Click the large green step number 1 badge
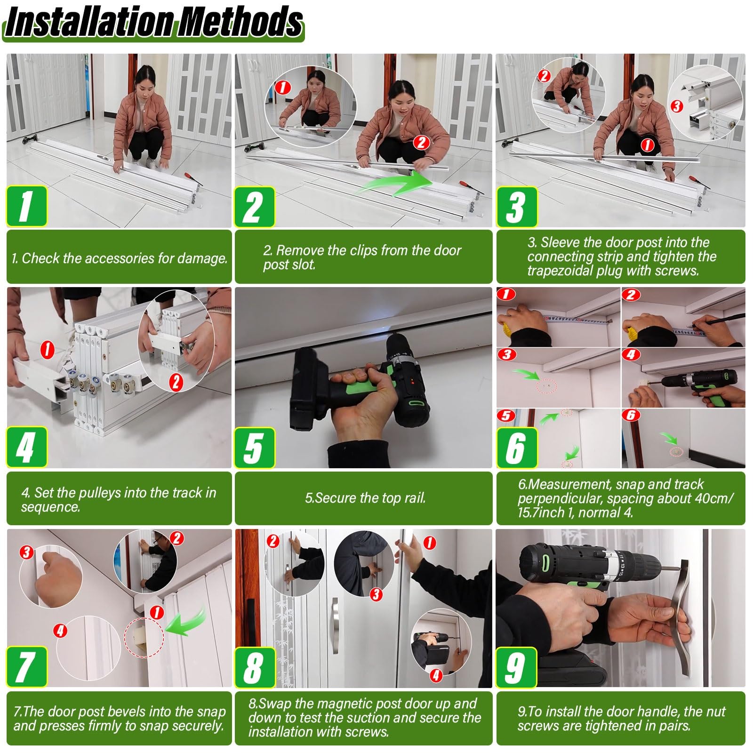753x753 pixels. pyautogui.click(x=27, y=207)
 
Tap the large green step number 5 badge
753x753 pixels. pyautogui.click(x=255, y=448)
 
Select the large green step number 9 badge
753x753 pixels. pyautogui.click(x=517, y=667)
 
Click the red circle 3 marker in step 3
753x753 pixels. pyautogui.click(x=677, y=106)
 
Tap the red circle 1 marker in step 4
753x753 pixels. pyautogui.click(x=48, y=350)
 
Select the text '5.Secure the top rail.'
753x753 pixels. pyautogui.click(x=365, y=498)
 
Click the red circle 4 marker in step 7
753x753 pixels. pyautogui.click(x=60, y=630)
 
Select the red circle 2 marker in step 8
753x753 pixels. pyautogui.click(x=273, y=541)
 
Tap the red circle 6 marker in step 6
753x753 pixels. pyautogui.click(x=631, y=415)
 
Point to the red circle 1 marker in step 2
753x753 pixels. pyautogui.click(x=282, y=87)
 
